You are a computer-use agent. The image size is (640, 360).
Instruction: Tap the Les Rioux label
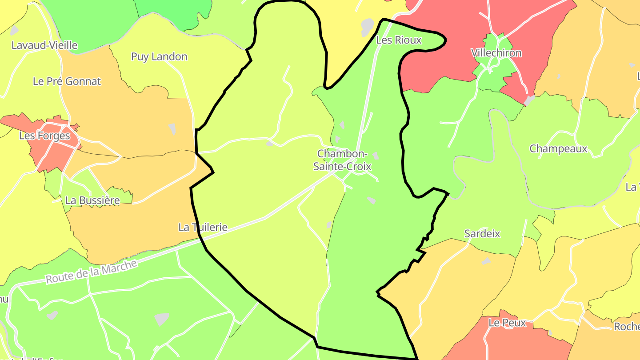click(x=399, y=40)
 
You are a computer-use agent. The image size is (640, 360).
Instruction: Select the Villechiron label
click(x=496, y=53)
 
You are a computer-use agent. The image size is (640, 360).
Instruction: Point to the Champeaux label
click(x=558, y=148)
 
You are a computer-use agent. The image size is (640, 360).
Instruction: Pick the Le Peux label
click(x=507, y=323)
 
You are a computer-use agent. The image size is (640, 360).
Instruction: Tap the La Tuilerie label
click(x=203, y=227)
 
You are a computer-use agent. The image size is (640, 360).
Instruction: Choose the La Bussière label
click(x=92, y=200)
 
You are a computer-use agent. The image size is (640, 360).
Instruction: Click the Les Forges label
click(x=44, y=136)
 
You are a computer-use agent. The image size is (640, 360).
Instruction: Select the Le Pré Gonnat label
click(x=67, y=81)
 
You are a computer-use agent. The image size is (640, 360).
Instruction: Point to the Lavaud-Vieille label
click(x=44, y=45)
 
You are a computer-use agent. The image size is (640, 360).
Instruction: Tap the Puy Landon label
click(x=159, y=56)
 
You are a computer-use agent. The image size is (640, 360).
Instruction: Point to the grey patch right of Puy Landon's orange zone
click(x=172, y=129)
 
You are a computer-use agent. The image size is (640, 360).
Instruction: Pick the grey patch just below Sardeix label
click(x=486, y=261)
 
